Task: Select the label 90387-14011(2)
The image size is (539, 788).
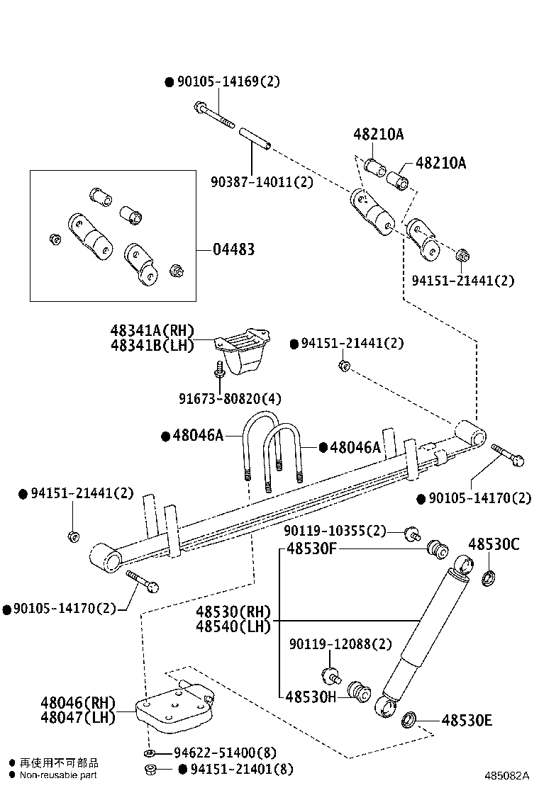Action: click(262, 181)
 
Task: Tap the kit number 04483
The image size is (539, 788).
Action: click(233, 249)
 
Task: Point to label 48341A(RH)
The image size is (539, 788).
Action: click(152, 330)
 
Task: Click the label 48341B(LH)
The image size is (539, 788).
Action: click(152, 345)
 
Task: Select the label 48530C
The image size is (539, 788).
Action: click(494, 544)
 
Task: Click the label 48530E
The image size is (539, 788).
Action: click(467, 721)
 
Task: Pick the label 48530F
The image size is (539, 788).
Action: click(311, 548)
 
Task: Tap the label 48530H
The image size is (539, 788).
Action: click(311, 697)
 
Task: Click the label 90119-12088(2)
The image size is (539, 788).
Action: click(340, 644)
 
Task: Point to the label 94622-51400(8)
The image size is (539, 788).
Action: click(225, 753)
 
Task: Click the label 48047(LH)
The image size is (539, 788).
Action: click(77, 717)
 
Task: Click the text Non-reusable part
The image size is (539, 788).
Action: click(58, 775)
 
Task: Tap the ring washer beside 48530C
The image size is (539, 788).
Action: click(489, 578)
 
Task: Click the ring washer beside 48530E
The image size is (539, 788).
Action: click(409, 721)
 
